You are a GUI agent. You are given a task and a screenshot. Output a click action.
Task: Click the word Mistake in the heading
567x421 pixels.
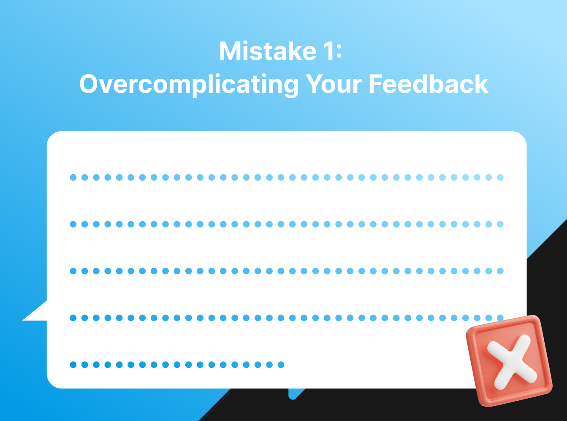tap(268, 51)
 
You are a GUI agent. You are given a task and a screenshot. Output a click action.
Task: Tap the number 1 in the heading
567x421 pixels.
tap(328, 51)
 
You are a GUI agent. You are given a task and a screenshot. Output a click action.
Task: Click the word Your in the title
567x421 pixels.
tap(334, 84)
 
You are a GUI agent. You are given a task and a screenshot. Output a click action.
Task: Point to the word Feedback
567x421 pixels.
tap(428, 84)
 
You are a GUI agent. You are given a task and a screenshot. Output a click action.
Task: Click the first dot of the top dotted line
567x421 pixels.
tap(73, 178)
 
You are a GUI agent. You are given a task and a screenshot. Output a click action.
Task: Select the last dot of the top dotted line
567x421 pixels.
tap(500, 178)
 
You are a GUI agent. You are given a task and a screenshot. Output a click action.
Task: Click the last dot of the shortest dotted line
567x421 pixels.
tap(281, 364)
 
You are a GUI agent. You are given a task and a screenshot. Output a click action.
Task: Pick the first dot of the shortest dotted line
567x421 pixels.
tap(73, 364)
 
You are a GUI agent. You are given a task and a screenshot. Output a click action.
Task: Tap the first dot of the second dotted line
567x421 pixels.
tap(73, 224)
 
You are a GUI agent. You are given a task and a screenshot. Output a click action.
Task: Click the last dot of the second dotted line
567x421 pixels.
tap(500, 224)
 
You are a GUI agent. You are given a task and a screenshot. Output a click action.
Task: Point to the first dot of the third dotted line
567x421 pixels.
tap(73, 271)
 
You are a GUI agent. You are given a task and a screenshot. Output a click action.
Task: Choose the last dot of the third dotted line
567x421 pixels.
tap(500, 271)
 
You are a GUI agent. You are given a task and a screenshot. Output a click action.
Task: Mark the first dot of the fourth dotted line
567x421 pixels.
tap(73, 318)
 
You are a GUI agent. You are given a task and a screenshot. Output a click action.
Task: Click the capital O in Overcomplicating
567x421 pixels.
tap(89, 84)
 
